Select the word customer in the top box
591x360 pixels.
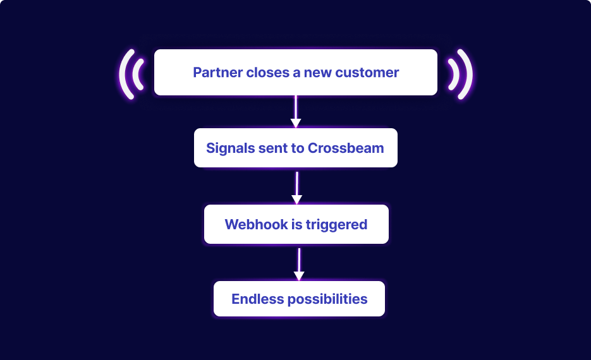pos(367,73)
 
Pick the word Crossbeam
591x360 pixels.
pos(346,148)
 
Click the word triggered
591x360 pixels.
pos(336,224)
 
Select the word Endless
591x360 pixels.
pos(256,299)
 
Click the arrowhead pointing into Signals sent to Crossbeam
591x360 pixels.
pos(295,123)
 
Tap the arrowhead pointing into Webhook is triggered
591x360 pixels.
pos(296,200)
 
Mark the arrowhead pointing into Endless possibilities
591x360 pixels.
pos(299,276)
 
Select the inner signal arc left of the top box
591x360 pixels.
pos(140,73)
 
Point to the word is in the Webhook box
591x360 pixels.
pos(297,224)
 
